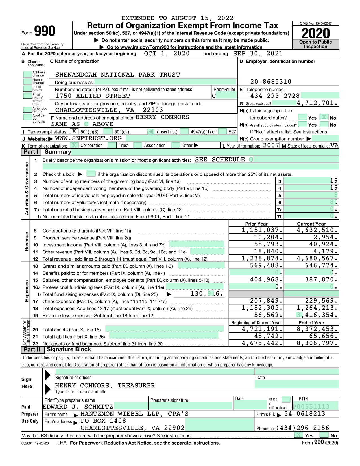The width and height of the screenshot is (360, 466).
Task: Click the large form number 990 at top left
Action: click(45, 31)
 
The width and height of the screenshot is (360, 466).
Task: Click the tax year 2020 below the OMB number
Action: click(316, 33)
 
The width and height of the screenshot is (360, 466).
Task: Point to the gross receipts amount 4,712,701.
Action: click(317, 103)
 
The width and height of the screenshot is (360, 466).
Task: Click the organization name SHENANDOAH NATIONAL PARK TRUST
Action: click(117, 75)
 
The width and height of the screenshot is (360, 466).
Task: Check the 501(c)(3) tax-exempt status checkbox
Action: click(74, 131)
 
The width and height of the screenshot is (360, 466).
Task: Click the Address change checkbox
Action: click(27, 74)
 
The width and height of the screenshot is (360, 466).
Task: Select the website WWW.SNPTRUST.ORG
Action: click(88, 138)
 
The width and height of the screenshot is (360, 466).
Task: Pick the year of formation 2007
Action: click(271, 145)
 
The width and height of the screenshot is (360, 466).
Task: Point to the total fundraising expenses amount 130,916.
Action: click(207, 294)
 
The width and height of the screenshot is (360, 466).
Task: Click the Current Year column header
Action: click(311, 224)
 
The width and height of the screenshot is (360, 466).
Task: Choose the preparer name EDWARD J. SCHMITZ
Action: click(78, 407)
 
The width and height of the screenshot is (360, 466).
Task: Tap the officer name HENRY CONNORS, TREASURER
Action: click(105, 385)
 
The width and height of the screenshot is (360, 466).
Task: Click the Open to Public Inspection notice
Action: click(316, 44)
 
